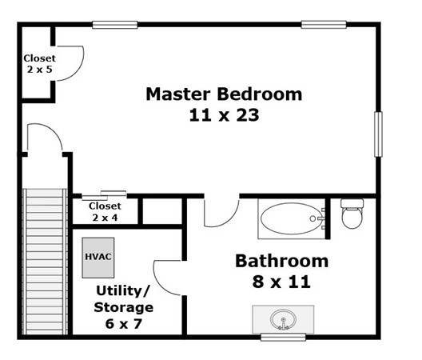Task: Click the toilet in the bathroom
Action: (x=352, y=214)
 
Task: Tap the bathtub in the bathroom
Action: (x=292, y=219)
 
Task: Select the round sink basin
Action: (x=283, y=320)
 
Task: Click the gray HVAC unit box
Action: (x=98, y=258)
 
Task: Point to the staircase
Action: (x=45, y=262)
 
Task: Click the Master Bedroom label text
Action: (x=224, y=94)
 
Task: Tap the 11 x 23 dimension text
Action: (x=224, y=115)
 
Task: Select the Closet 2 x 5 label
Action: (x=40, y=63)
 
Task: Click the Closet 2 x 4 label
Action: (x=105, y=211)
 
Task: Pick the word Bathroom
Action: (x=282, y=261)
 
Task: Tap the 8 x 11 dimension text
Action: (x=281, y=282)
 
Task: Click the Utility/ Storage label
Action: (x=124, y=299)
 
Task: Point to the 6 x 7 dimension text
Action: (x=124, y=323)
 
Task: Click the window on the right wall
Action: (x=378, y=134)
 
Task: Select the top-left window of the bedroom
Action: (x=115, y=25)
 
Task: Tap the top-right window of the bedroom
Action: (x=324, y=25)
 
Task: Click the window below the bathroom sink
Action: (x=284, y=337)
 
